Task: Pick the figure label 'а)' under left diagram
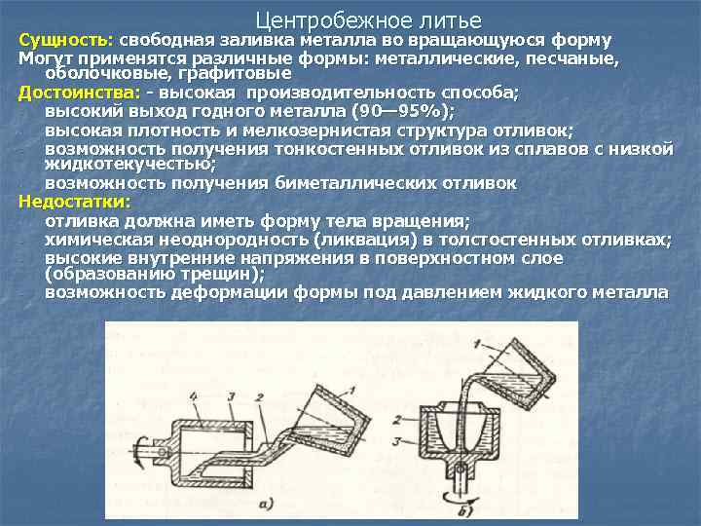pyautogui.click(x=267, y=505)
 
